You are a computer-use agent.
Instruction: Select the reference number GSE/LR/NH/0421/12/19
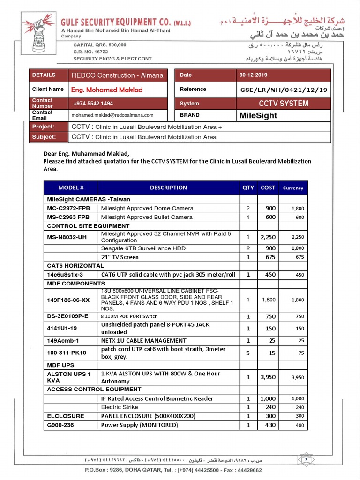coord(283,90)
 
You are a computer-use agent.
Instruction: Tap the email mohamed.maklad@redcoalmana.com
coord(112,115)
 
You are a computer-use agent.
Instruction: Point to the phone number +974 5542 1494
coord(93,103)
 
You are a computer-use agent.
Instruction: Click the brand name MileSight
coord(258,115)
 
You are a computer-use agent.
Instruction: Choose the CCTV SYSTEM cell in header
coord(283,103)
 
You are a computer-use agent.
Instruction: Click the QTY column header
coord(248,187)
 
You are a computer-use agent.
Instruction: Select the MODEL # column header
coord(71,187)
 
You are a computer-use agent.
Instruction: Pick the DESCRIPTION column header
coord(168,187)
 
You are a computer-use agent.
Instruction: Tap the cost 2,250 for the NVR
coord(268,237)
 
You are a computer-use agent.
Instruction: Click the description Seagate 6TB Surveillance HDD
coord(143,248)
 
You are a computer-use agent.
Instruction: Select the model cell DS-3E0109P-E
coord(67,316)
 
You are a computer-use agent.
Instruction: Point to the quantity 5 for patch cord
coord(248,353)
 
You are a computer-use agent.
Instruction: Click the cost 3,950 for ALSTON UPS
coord(268,377)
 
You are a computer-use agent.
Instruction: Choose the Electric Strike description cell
coord(120,407)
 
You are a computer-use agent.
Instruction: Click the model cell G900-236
coord(61,425)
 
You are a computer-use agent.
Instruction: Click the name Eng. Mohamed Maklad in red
coord(107,90)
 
